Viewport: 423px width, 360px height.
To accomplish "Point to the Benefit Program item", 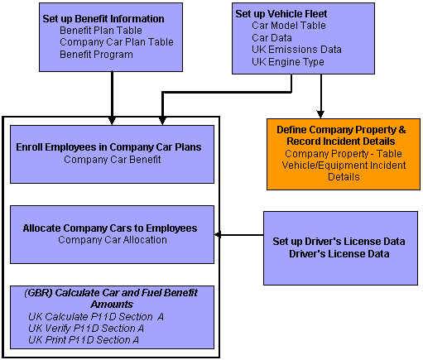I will (96, 55).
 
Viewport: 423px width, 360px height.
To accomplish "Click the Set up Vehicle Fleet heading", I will (281, 14).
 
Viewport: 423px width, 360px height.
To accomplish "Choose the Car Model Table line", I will (288, 26).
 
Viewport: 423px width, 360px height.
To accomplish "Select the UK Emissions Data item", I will (296, 50).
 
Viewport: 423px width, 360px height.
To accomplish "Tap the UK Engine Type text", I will (288, 61).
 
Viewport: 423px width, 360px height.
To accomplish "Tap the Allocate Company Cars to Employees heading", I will (110, 228).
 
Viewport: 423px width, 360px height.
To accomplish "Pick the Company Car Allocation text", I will (113, 240).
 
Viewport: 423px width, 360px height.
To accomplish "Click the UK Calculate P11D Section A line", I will (90, 317).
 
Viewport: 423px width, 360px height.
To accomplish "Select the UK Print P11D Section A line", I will (83, 339).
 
